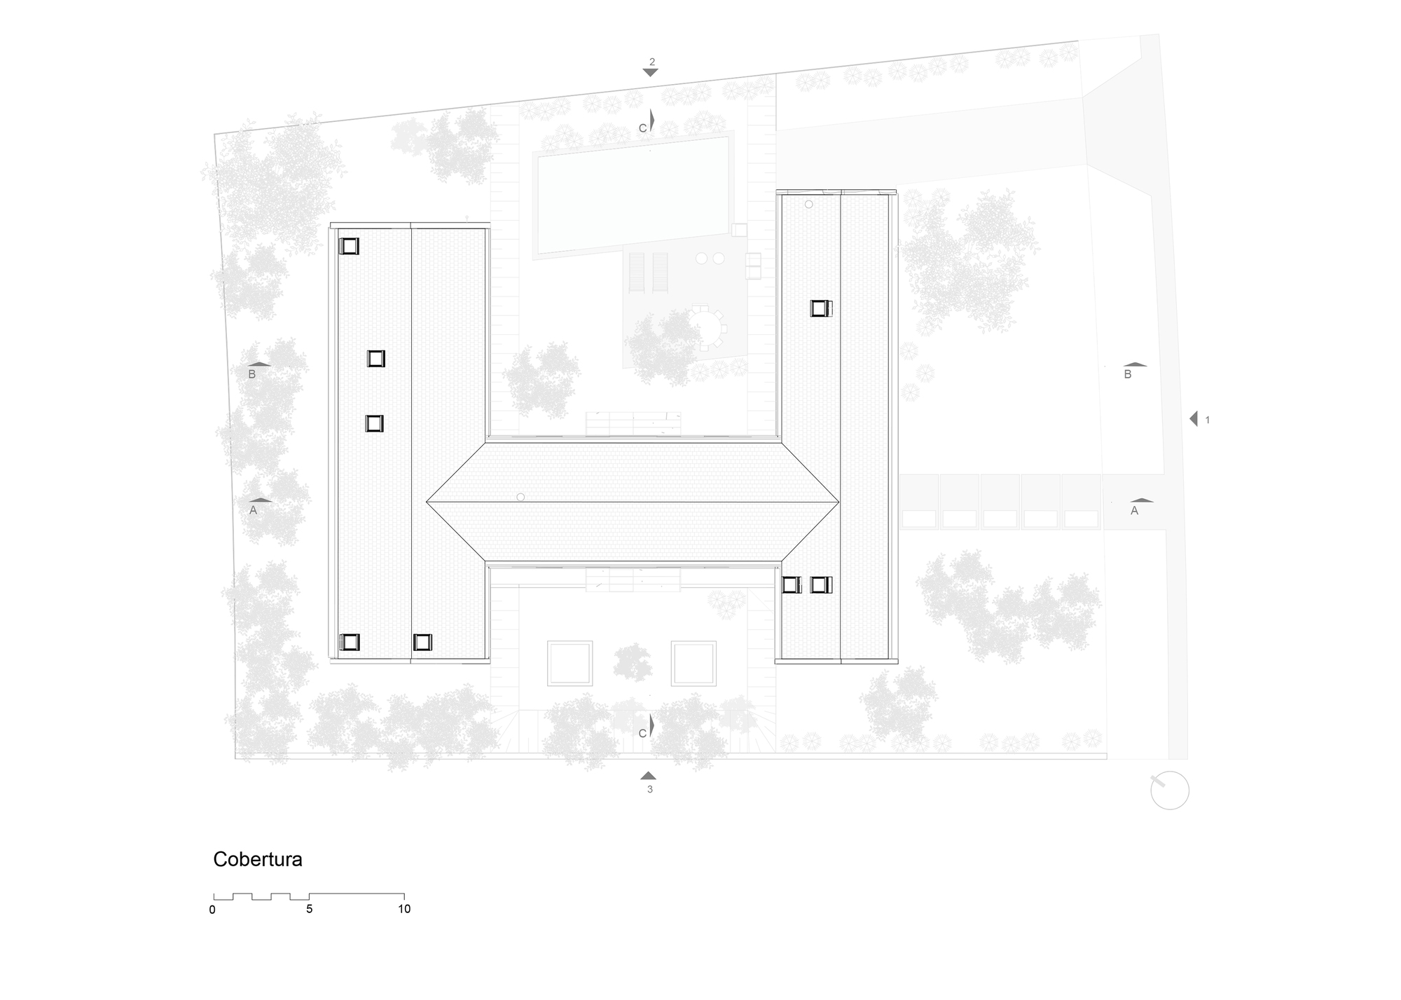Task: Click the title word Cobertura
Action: click(x=257, y=860)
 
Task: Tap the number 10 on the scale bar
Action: click(x=404, y=910)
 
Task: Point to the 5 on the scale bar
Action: click(x=309, y=910)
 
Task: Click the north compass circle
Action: click(x=1169, y=790)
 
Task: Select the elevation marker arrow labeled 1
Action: click(x=1194, y=418)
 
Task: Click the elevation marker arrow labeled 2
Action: click(x=650, y=72)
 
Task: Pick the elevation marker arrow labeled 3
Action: click(x=648, y=776)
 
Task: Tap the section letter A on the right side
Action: click(x=1134, y=511)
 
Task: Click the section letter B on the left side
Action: click(x=252, y=374)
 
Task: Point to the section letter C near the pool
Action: click(x=642, y=128)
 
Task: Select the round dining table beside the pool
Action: click(x=707, y=327)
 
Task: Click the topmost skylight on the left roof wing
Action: click(x=349, y=246)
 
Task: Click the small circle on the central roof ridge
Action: click(x=520, y=497)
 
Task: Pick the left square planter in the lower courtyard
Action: click(x=570, y=663)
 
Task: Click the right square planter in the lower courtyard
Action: click(x=693, y=663)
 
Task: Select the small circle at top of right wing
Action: click(x=808, y=205)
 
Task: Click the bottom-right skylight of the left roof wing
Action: click(x=422, y=642)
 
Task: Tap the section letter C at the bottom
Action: click(x=642, y=733)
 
